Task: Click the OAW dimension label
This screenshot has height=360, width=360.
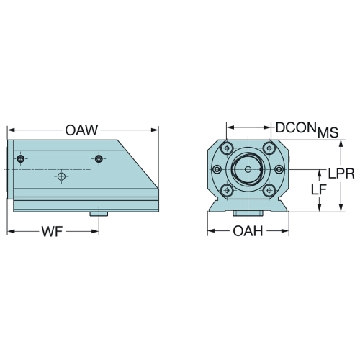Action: (x=81, y=130)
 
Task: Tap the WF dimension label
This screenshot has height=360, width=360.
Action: (x=52, y=232)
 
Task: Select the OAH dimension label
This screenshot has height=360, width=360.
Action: (x=248, y=231)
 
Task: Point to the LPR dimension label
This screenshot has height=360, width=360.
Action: (x=341, y=174)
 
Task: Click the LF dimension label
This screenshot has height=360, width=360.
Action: (x=319, y=190)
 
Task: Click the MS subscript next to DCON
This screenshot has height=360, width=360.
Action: (x=328, y=132)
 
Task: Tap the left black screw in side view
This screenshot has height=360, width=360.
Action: (x=21, y=158)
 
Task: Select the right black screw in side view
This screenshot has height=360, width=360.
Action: (x=99, y=158)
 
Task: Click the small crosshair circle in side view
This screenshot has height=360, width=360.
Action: (x=62, y=176)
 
